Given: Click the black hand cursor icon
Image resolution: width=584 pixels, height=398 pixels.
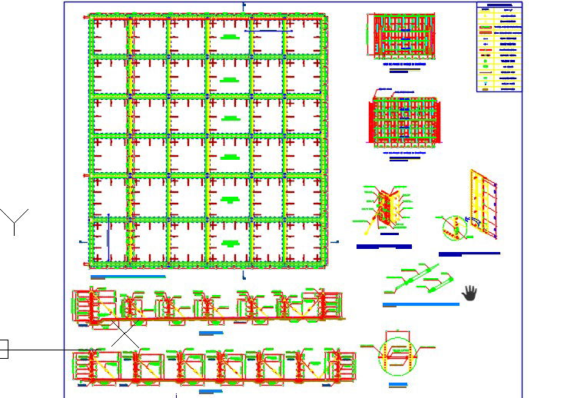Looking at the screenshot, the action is [470, 293].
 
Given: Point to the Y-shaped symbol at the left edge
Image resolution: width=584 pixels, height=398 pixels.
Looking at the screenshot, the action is [15, 221].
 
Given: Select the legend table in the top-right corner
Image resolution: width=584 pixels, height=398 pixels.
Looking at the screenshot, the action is [499, 48].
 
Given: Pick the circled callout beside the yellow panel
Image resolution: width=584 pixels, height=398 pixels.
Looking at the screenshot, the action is [453, 227].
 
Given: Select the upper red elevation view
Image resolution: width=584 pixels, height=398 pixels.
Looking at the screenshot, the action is [403, 37].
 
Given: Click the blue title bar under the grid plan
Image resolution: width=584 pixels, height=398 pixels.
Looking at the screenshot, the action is [128, 277].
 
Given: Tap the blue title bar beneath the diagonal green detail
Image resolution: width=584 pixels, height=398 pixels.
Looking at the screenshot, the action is [420, 304].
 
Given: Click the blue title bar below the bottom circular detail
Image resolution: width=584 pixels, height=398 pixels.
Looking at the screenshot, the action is [398, 384].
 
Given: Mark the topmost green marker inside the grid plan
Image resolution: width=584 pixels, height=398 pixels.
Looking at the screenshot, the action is [228, 37].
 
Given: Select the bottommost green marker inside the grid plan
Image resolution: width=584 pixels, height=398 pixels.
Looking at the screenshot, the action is [228, 243].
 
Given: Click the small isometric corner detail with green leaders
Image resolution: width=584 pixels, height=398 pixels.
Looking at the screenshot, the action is [384, 211].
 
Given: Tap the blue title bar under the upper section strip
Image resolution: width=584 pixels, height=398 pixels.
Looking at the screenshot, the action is [210, 333].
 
